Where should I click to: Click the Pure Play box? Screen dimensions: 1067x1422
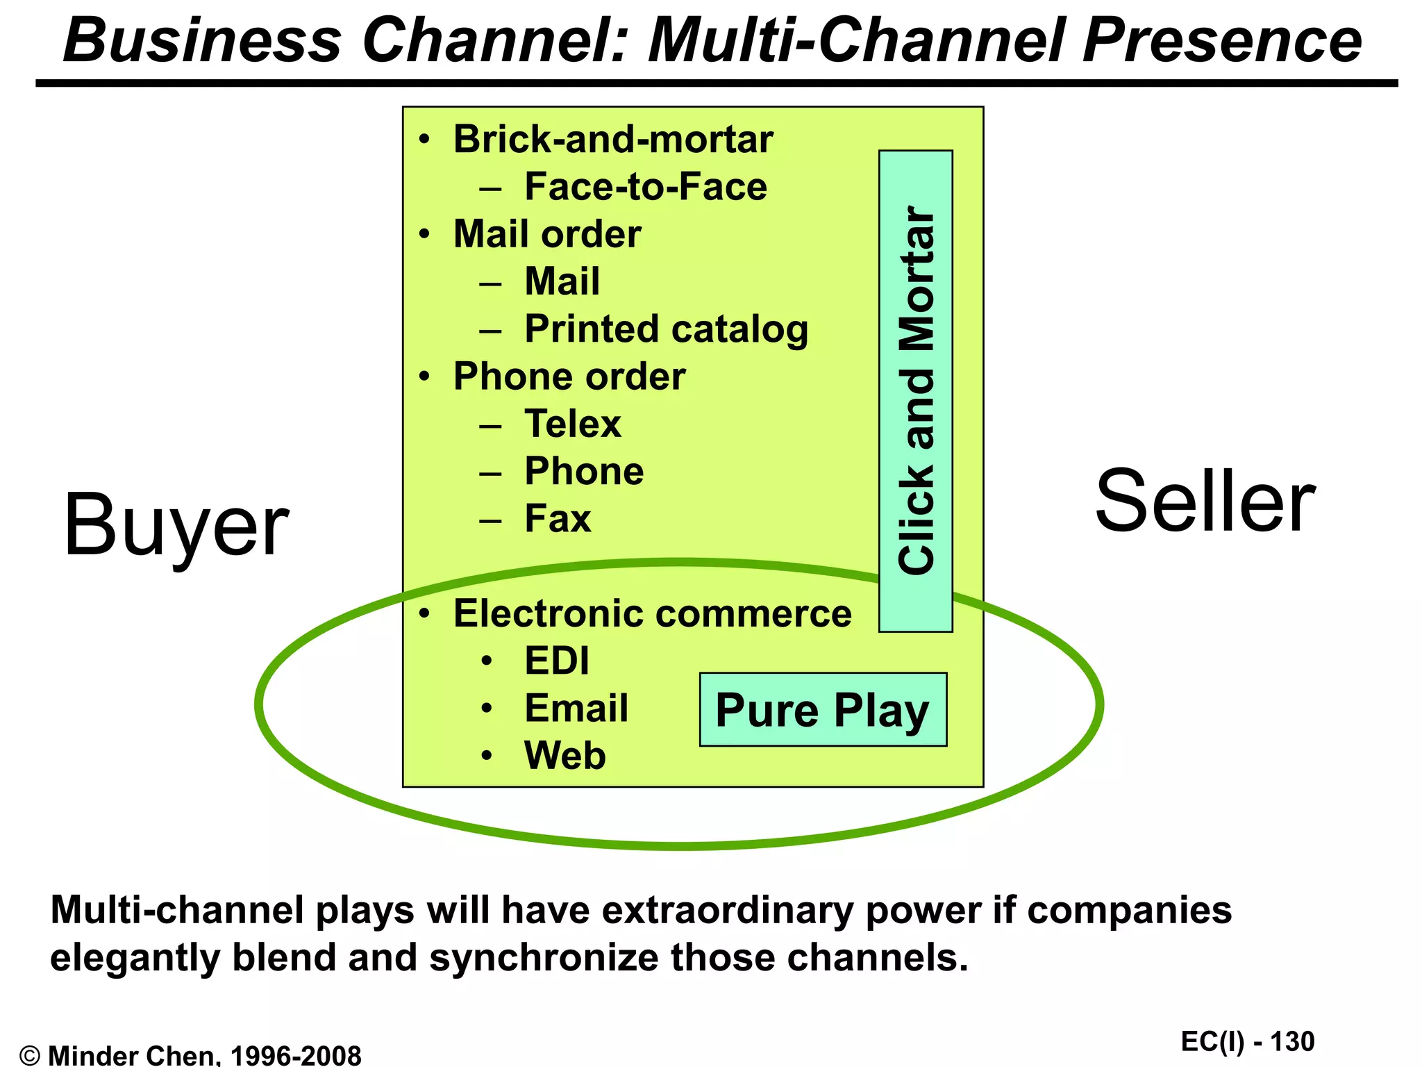tap(823, 709)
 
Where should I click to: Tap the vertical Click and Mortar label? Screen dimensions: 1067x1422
tap(916, 390)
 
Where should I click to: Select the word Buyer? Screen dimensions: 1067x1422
tap(176, 525)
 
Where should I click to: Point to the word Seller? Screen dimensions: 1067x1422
tap(1205, 501)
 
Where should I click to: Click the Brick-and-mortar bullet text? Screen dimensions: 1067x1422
tap(612, 139)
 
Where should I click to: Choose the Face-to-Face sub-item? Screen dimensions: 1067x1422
tap(645, 186)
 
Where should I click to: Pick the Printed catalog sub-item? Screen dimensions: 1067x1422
tap(666, 329)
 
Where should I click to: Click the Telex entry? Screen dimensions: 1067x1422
tap(572, 424)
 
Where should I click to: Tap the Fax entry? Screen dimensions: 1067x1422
tap(558, 518)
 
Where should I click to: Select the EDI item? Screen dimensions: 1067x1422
tap(556, 661)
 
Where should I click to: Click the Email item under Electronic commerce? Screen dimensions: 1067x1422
tap(576, 708)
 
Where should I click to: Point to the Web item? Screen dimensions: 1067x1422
tap(564, 755)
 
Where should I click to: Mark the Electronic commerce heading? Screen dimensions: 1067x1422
tap(652, 613)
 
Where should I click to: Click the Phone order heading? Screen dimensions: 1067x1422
tap(569, 377)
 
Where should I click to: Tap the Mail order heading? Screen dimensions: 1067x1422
tap(547, 234)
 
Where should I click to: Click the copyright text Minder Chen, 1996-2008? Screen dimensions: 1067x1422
tap(205, 1055)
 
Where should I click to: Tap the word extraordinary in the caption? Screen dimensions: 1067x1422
tap(727, 910)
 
